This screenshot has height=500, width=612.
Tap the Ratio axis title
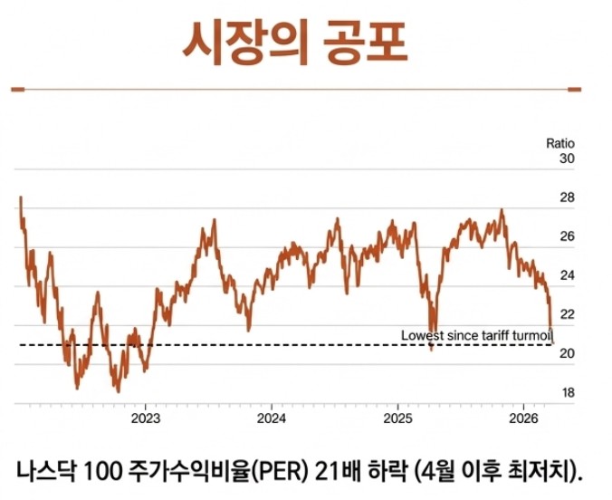point(560,143)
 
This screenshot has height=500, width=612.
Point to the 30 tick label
point(567,159)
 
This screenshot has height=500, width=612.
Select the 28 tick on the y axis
point(567,197)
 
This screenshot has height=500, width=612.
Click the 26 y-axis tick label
point(567,236)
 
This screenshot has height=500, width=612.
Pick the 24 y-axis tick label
point(567,275)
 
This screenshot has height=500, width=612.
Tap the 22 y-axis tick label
point(567,314)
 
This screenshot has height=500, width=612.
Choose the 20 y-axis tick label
point(567,354)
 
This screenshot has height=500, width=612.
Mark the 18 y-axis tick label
point(567,393)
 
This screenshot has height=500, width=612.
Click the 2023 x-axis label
point(146,418)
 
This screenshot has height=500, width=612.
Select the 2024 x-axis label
point(272,418)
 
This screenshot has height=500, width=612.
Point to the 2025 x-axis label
point(397,418)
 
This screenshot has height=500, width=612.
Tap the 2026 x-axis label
point(523,418)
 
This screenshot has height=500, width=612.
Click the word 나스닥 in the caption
point(45,470)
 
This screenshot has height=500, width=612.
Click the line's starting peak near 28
point(20,197)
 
